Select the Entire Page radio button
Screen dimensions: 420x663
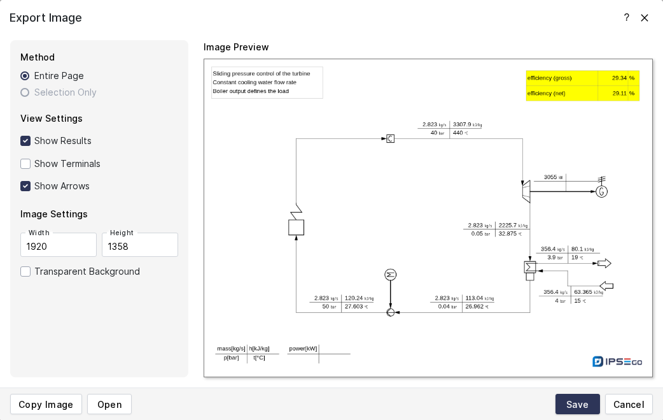[x=25, y=76]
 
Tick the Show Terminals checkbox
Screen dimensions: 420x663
[x=25, y=164]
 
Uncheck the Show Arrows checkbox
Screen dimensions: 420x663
[x=25, y=186]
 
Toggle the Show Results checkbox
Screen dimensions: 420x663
[x=25, y=141]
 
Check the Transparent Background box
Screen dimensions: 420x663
[x=25, y=272]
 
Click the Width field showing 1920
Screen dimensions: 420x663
[x=58, y=245]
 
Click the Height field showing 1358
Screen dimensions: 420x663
[x=139, y=245]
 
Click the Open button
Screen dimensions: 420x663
[x=109, y=404]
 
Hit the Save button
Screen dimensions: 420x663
[x=577, y=404]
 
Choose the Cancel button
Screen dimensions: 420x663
[x=629, y=404]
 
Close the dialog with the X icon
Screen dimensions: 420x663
[x=645, y=18]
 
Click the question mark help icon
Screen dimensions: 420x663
[x=626, y=18]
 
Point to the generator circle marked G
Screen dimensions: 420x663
[x=601, y=191]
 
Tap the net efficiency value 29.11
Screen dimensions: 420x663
[x=619, y=93]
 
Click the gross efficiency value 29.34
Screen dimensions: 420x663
[x=619, y=78]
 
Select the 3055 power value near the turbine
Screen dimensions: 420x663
[x=550, y=177]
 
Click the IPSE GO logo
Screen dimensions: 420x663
[x=617, y=361]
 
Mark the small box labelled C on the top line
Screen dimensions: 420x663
[x=390, y=138]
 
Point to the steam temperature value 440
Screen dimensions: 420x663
[x=458, y=133]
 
